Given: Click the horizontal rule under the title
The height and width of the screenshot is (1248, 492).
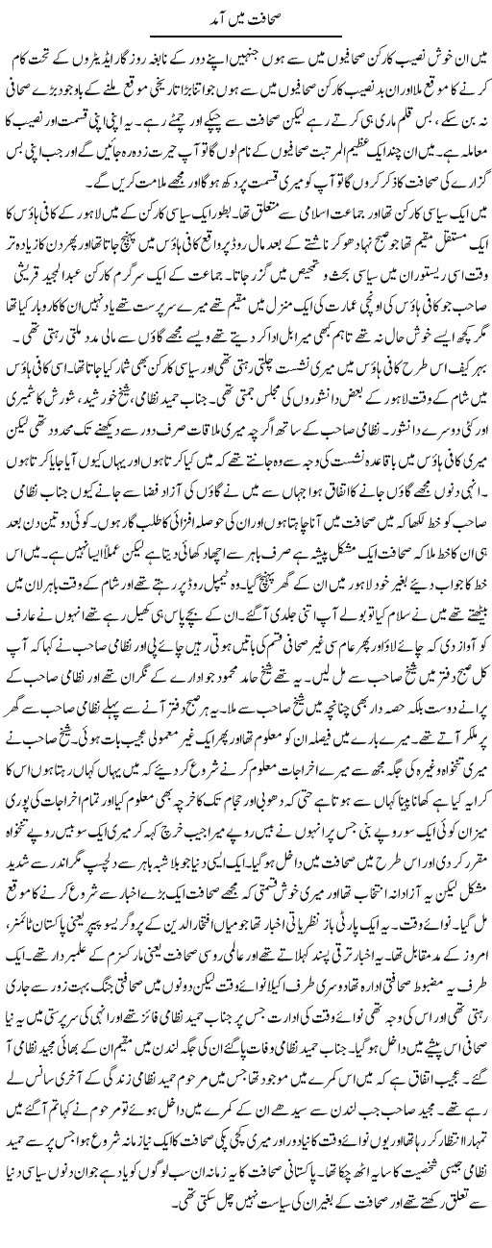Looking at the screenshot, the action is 245,37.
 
